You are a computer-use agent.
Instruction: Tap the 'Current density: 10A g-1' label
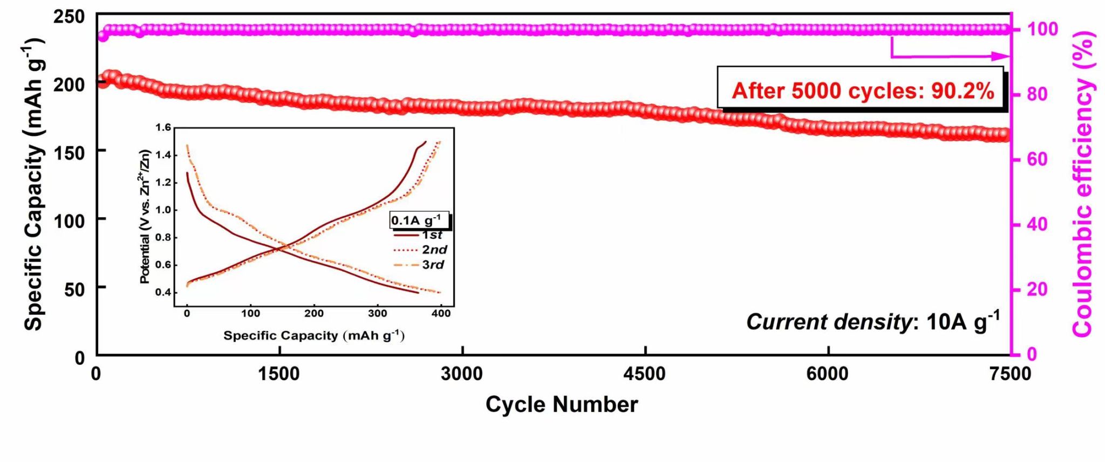coord(872,322)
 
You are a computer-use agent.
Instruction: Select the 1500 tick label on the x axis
coord(279,374)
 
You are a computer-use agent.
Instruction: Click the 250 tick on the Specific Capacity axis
coord(69,17)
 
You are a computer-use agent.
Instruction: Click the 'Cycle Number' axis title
coord(561,404)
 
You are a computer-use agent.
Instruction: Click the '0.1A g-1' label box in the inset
coord(418,220)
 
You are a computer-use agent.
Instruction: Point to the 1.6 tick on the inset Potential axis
coord(163,128)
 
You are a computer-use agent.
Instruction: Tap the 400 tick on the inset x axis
coord(441,313)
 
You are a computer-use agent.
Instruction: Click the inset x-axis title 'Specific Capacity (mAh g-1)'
coord(314,335)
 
